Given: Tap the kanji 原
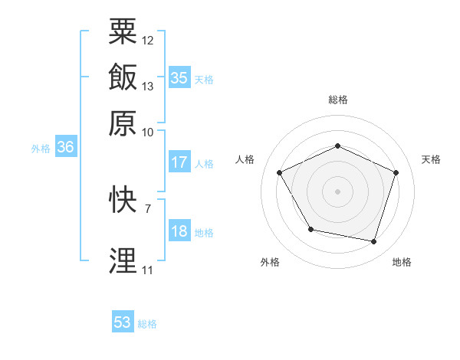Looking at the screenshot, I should pos(123,123).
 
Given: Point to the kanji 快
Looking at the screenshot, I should pos(123,200).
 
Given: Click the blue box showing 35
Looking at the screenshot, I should pos(179,77).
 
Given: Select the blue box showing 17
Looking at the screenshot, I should pos(179,162).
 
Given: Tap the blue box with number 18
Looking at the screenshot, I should pos(179,231).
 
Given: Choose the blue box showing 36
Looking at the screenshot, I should pos(65,147).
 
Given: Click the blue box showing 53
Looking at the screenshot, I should pos(123,322).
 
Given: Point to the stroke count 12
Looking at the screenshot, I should pos(148,40).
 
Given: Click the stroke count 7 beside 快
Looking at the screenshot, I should pos(147,208).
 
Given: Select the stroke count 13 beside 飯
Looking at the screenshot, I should pos(148,86).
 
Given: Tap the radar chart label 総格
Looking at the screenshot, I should pos(338,100).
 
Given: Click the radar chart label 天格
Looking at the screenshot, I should pos(431,159).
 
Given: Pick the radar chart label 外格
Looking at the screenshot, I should pos(270,262).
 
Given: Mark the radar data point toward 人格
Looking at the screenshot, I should pos(279,172).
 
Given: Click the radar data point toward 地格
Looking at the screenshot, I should pos(373,241).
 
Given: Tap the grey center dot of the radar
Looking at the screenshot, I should pos(337,191).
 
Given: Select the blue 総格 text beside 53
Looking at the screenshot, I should pos(147,324).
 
